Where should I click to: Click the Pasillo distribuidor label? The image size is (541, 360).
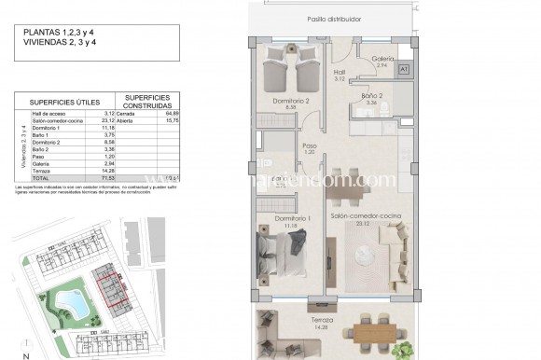click(333, 19)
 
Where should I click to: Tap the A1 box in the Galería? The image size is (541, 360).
click(404, 69)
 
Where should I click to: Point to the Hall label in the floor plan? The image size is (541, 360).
click(340, 74)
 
